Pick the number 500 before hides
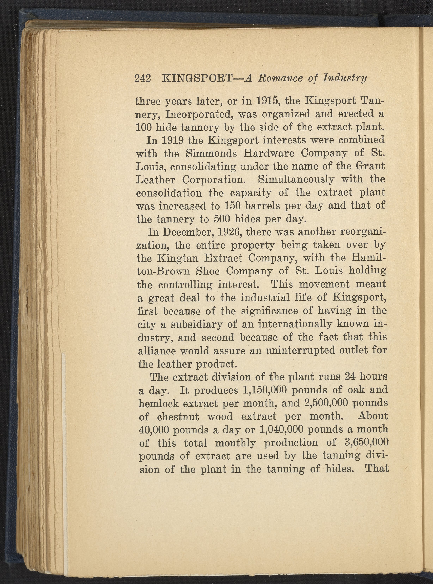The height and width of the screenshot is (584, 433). [x=223, y=219]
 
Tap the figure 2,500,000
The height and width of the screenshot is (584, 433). [x=327, y=403]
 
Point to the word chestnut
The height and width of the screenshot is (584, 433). [x=178, y=417]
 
